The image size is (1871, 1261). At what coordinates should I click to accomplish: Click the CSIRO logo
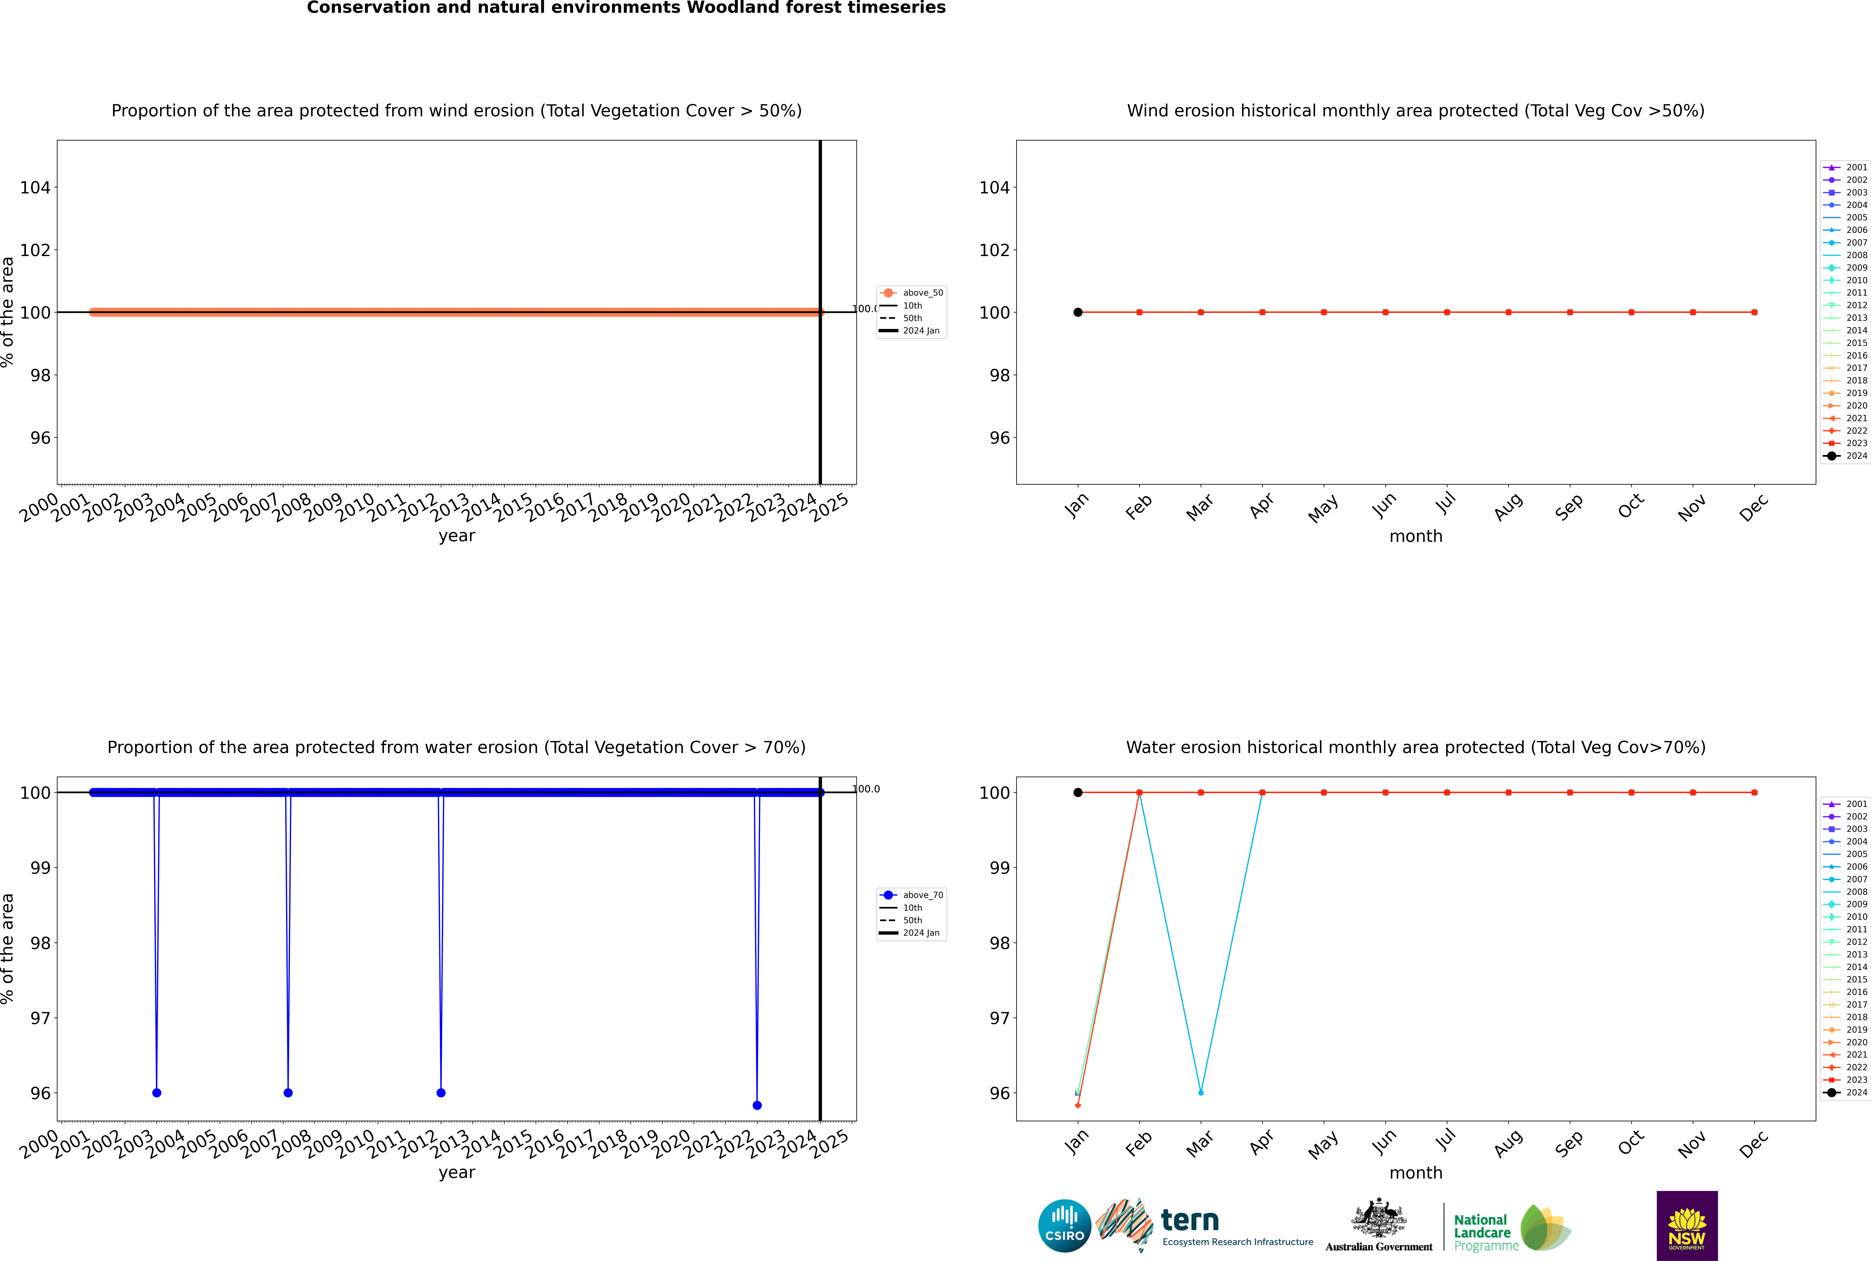1064,1226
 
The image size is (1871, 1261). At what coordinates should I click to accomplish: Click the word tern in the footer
1190,1221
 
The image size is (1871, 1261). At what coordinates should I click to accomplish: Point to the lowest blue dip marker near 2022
757,1105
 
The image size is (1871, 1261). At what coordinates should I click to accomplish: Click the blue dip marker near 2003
157,1093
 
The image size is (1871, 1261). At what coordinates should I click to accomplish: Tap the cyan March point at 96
1201,1093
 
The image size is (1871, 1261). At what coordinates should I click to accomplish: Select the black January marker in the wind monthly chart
1078,312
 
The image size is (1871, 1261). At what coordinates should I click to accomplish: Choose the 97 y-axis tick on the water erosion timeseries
40,1018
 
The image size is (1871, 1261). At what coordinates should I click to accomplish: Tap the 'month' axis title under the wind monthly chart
1416,536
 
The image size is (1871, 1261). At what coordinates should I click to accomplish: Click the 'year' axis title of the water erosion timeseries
457,1173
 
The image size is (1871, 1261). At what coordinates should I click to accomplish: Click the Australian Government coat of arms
1379,1219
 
